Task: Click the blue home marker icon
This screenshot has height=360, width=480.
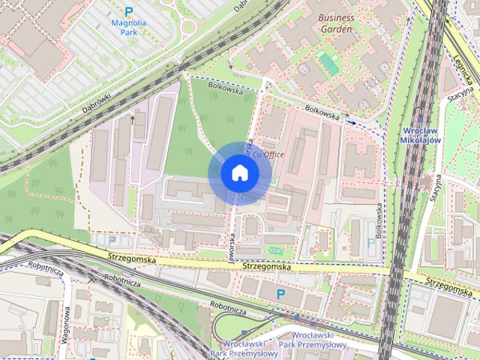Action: (x=238, y=172)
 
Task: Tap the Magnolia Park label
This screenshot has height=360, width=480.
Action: (x=127, y=27)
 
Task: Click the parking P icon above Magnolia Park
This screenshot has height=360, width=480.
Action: (x=128, y=11)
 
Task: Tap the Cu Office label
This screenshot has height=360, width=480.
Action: (x=268, y=154)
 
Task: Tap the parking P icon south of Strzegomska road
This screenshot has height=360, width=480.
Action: (x=282, y=295)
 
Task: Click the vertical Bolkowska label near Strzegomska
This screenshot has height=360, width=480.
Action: (x=379, y=222)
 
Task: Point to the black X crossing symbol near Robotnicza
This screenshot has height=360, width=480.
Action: (x=92, y=279)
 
